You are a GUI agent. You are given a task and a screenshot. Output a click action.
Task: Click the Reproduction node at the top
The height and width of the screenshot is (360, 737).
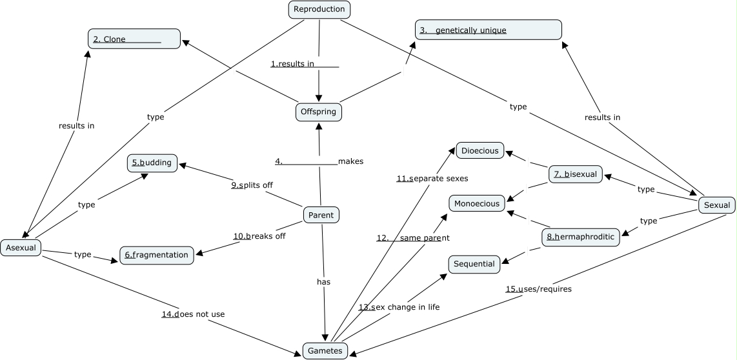pos(319,9)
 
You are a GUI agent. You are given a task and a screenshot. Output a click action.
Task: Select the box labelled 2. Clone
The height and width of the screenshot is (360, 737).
pos(134,39)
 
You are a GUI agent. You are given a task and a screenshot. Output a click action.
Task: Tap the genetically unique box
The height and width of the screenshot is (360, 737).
pos(489,30)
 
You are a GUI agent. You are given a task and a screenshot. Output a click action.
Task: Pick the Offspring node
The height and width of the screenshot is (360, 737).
pos(319,112)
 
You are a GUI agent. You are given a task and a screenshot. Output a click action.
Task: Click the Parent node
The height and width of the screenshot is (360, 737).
pos(321,215)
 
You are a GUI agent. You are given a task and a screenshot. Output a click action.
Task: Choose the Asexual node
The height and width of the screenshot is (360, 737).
pos(21,247)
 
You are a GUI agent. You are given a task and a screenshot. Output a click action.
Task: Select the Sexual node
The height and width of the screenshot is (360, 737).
pos(716,205)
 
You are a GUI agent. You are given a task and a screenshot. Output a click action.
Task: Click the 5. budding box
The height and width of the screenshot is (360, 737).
pos(152,163)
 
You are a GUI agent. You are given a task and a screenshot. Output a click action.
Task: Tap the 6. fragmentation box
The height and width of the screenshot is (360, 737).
pos(157,255)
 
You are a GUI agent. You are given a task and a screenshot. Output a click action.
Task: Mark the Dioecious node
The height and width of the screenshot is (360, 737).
pos(480,151)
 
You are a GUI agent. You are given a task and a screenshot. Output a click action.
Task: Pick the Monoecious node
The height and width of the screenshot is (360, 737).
pos(477,203)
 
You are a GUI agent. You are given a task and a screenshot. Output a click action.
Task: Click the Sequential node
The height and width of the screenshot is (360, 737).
pos(474,264)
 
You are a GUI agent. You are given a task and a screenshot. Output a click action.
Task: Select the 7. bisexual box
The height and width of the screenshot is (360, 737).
pos(576,174)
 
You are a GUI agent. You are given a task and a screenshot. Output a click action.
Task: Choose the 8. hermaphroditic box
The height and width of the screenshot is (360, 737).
pos(580,237)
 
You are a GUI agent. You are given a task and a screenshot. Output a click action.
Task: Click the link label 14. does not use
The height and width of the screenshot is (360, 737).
pos(193,314)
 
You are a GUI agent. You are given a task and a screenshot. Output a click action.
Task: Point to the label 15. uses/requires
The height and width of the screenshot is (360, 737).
pos(538,289)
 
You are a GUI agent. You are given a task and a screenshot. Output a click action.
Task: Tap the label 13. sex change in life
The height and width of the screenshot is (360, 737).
pos(399,307)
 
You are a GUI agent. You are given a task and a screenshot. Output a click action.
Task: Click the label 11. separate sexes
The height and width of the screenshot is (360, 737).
pos(432,178)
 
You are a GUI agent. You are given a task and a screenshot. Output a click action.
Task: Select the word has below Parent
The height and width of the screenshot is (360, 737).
pos(323,281)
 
